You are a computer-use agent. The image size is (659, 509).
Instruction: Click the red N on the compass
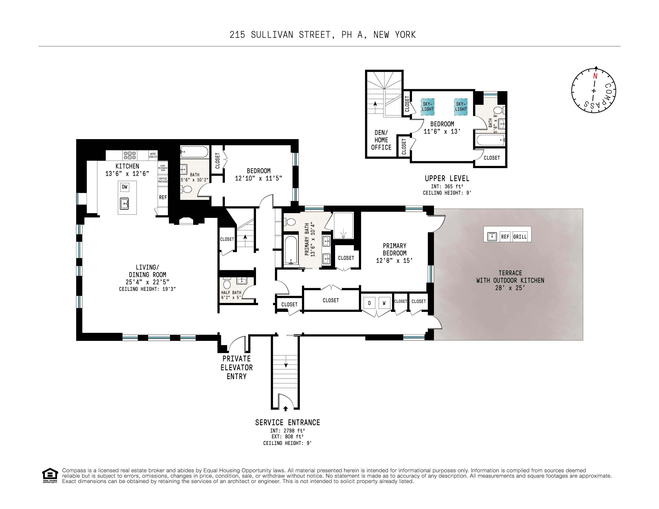click(x=595, y=76)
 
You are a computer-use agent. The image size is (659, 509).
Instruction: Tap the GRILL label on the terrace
click(x=520, y=237)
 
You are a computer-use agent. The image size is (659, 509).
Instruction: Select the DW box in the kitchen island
click(x=125, y=187)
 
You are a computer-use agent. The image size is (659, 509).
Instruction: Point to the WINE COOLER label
click(x=153, y=155)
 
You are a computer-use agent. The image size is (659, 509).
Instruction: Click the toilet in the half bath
click(x=227, y=284)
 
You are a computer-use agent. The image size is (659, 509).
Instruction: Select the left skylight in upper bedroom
click(x=428, y=107)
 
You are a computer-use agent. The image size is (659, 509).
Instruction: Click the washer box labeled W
click(x=384, y=303)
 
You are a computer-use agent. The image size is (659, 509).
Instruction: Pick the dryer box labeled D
click(x=369, y=303)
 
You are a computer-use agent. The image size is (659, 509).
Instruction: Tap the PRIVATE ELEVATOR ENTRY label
click(x=237, y=368)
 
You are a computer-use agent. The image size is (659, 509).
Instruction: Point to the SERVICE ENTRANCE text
click(x=287, y=422)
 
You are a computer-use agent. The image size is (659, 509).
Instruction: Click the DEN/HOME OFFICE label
click(x=381, y=140)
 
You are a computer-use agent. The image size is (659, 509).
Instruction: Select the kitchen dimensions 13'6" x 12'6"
click(x=127, y=174)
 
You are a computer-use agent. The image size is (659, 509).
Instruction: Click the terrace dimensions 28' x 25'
click(x=510, y=288)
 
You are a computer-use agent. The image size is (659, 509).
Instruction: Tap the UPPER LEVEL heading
click(x=447, y=178)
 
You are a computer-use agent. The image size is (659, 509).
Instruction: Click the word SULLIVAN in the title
click(x=272, y=35)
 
